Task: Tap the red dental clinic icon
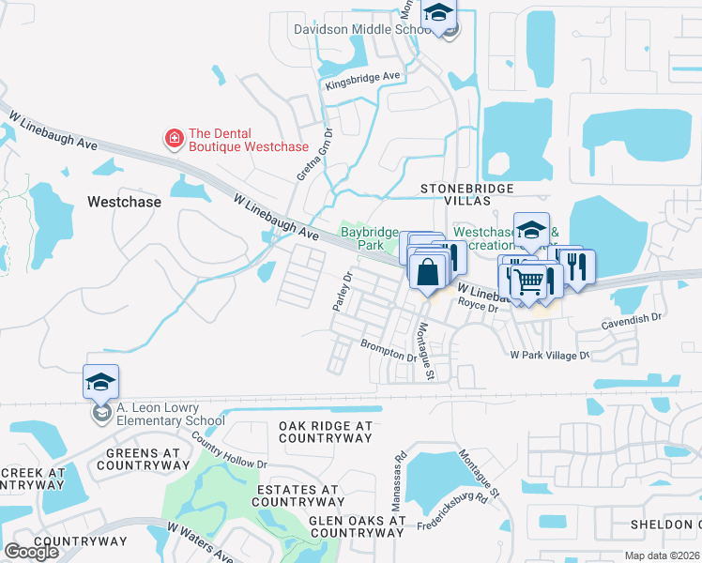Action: pos(174,140)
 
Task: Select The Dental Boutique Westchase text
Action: pos(248,140)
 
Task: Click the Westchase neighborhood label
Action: pos(124,202)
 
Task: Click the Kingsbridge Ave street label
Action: pos(362,80)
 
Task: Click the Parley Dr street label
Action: pos(340,293)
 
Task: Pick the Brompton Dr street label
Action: pos(389,350)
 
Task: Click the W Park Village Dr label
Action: pos(549,356)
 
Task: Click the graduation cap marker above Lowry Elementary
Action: pos(100,381)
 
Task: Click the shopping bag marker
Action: pos(427,272)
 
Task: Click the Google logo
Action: pos(32,552)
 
